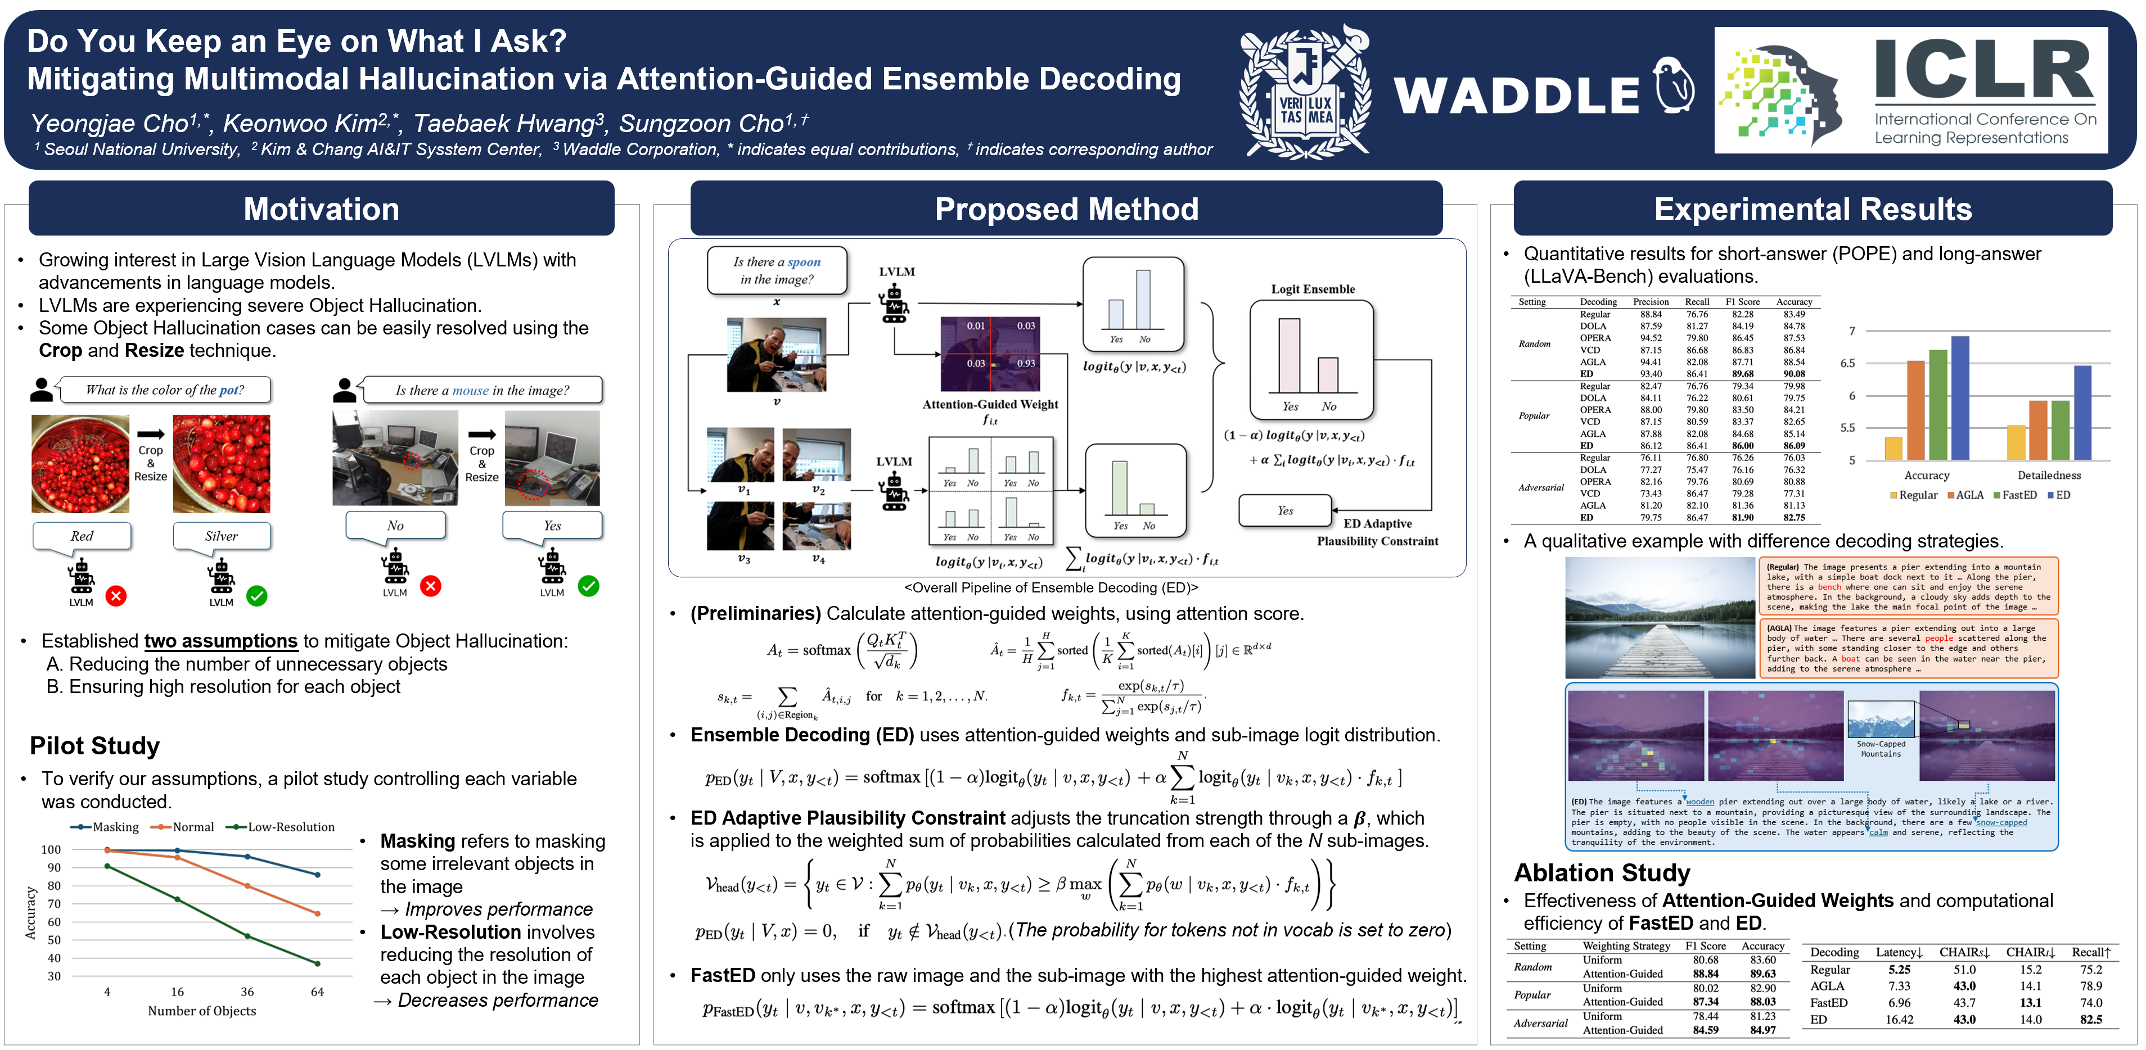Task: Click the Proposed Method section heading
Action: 1066,209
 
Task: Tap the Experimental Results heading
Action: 1812,209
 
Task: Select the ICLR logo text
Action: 1983,71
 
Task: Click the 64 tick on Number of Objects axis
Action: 317,992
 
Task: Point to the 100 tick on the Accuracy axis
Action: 51,849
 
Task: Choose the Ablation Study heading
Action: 1601,872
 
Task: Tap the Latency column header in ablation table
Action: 1899,952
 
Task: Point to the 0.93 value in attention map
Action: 1026,363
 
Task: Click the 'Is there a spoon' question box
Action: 777,270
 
